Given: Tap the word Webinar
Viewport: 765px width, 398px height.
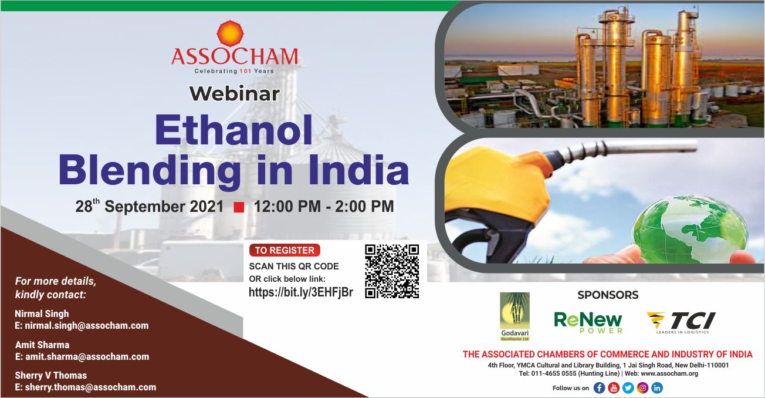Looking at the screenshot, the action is click(x=235, y=93).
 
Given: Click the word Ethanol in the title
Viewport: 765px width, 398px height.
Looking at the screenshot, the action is click(x=233, y=130).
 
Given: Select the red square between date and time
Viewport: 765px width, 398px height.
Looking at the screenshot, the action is click(x=239, y=207).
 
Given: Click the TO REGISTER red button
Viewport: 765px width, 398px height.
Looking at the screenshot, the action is click(x=285, y=250).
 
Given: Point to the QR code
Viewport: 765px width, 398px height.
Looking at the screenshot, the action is click(x=392, y=271).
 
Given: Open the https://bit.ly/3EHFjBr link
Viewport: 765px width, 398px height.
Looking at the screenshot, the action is click(x=300, y=292).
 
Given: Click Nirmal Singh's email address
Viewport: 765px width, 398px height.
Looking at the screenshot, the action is click(x=82, y=326).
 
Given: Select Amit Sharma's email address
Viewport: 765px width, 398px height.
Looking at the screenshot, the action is click(x=82, y=357).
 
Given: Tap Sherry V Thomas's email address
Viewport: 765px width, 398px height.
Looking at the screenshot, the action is click(x=86, y=387).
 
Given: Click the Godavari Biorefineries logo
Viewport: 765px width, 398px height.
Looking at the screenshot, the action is click(x=514, y=316).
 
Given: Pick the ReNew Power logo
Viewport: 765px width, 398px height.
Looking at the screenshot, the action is click(x=588, y=322).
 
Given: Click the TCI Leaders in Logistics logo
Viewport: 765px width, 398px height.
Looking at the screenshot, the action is click(x=681, y=322).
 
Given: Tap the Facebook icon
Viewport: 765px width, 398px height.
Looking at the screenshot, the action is click(x=599, y=388).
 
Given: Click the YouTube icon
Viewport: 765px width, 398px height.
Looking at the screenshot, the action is click(x=614, y=388).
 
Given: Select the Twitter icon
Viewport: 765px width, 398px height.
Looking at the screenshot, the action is click(x=628, y=388).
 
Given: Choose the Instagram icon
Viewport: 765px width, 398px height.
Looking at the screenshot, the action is click(x=643, y=388).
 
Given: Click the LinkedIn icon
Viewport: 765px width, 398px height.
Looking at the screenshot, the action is click(x=657, y=388).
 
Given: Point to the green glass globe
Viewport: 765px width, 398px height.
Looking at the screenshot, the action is click(x=690, y=230).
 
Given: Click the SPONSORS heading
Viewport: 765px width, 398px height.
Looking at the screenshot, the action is click(x=608, y=295).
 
